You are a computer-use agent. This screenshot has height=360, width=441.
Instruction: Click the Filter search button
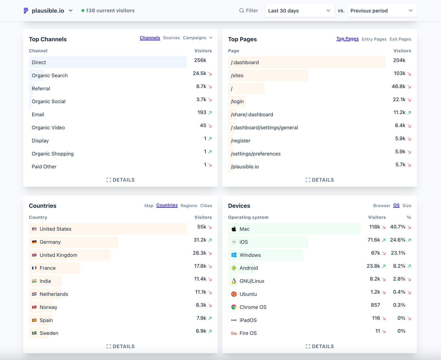249,11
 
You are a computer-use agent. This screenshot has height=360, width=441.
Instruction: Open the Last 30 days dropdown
300,11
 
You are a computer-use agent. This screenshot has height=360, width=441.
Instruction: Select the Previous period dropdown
382,11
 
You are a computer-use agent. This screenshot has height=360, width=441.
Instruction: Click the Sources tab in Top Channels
171,38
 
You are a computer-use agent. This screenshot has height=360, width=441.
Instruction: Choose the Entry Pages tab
374,39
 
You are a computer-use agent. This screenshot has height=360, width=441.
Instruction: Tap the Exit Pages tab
400,39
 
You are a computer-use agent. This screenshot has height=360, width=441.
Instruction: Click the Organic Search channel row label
50,76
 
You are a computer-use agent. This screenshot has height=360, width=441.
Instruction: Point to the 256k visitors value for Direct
200,60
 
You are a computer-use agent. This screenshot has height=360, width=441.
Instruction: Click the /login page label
237,101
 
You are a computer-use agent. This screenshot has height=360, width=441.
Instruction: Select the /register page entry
241,141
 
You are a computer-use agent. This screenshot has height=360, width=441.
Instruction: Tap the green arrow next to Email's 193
210,112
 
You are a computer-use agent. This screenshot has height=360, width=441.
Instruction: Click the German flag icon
34,242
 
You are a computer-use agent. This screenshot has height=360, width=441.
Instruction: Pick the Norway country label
49,307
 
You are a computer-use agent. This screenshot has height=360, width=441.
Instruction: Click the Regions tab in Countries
189,206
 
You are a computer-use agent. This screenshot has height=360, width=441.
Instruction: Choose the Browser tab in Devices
381,206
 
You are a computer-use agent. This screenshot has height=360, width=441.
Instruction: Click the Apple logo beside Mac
234,229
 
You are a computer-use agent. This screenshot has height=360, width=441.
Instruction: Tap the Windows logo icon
234,255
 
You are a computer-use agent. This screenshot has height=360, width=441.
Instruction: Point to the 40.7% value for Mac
397,227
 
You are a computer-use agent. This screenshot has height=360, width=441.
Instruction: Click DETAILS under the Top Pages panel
320,180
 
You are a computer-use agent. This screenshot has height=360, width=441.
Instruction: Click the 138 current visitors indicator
108,11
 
